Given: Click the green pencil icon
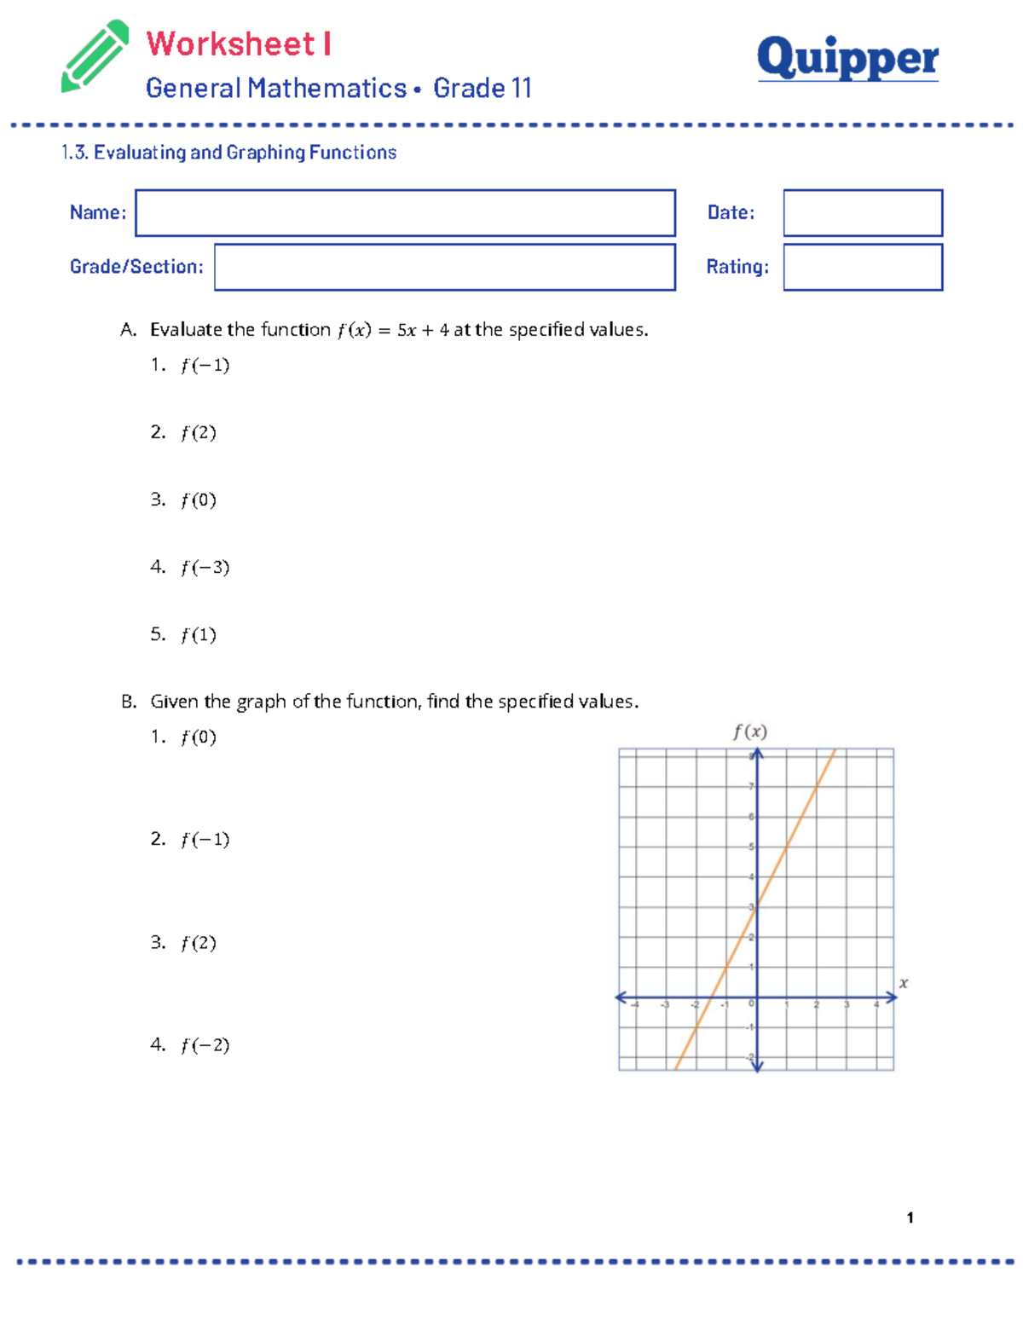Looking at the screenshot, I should (94, 56).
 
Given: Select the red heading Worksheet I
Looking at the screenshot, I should (239, 43).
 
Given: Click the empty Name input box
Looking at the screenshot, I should (405, 213).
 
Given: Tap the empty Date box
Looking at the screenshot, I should (863, 213).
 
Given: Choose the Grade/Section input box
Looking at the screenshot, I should (444, 267).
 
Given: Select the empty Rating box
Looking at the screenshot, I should (863, 267).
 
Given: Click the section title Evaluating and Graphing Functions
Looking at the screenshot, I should (245, 153).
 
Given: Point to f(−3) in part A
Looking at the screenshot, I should (205, 567).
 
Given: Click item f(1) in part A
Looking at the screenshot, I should (198, 634).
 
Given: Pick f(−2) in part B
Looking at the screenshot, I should (205, 1044).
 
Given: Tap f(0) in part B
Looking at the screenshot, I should (198, 737).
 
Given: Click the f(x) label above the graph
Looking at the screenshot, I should (750, 731).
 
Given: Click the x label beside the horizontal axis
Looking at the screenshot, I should (904, 983).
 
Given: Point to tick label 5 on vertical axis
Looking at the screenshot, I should (751, 847).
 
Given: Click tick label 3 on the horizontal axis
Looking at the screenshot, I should (847, 1005).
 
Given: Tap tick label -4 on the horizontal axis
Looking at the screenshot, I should (634, 1005).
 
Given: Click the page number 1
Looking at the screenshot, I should (910, 1217).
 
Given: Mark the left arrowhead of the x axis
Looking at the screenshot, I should (621, 997).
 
